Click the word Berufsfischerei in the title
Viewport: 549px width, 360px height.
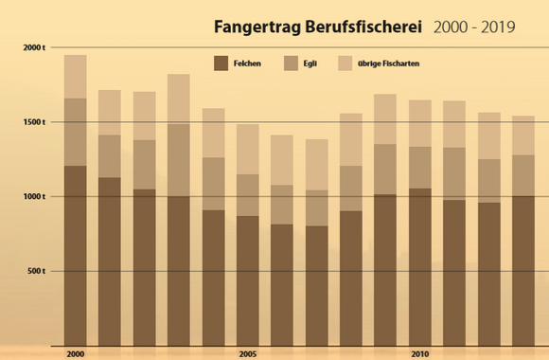pyautogui.click(x=363, y=27)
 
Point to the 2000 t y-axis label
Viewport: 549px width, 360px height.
pyautogui.click(x=34, y=47)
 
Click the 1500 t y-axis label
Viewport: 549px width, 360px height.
pyautogui.click(x=34, y=122)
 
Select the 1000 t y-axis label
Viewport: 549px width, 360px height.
pyautogui.click(x=34, y=197)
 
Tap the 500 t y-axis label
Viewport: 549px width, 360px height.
pyautogui.click(x=36, y=271)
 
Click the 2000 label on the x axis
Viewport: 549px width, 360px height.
pyautogui.click(x=76, y=354)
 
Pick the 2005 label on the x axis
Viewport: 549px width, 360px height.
pyautogui.click(x=248, y=354)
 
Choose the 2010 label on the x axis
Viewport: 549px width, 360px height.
pyautogui.click(x=420, y=354)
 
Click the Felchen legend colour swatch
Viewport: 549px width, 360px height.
pyautogui.click(x=221, y=63)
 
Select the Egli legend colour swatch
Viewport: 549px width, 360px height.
pyautogui.click(x=291, y=63)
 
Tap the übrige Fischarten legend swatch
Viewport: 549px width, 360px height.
pyautogui.click(x=345, y=63)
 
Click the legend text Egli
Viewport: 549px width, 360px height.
pyautogui.click(x=310, y=63)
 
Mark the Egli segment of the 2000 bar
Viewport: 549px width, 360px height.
pyautogui.click(x=76, y=132)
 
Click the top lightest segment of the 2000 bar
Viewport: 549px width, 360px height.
pyautogui.click(x=76, y=77)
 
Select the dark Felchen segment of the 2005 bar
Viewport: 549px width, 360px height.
pyautogui.click(x=248, y=280)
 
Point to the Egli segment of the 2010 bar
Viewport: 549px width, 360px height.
pyautogui.click(x=420, y=168)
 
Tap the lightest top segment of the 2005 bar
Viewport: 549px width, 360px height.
pyautogui.click(x=248, y=150)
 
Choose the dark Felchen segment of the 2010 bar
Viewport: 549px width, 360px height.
pyautogui.click(x=420, y=267)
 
